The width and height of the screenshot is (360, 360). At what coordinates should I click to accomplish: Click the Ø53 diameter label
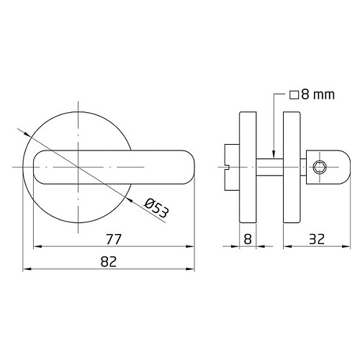pos(156,208)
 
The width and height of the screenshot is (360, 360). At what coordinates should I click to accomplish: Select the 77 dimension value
pos(114,239)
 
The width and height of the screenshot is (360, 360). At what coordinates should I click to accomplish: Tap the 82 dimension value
pos(109,261)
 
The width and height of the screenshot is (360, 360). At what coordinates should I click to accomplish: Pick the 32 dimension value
pos(317,239)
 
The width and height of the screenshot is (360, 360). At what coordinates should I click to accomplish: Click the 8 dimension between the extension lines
pos(248,239)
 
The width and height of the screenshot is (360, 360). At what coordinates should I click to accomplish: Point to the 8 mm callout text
pos(318,94)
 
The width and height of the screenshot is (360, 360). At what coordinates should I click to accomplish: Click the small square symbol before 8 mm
pos(294,95)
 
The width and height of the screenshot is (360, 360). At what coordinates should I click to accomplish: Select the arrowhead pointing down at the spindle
pos(274,154)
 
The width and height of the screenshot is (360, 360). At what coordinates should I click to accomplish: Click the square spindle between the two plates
pos(270,167)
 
